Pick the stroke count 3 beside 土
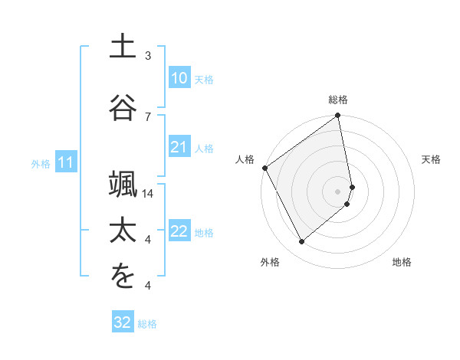point(148,56)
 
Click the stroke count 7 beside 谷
point(148,116)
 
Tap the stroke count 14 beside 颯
point(149,194)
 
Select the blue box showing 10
point(179,78)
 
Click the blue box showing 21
point(179,147)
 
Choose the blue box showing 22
point(179,231)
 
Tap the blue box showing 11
point(66,162)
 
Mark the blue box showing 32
point(123,322)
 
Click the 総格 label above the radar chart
point(338,100)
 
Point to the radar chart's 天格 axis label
point(432,159)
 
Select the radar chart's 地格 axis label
point(402,262)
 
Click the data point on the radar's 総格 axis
point(338,117)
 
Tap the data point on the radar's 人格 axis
point(265,168)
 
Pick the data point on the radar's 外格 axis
point(302,242)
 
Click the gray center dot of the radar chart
point(338,191)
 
